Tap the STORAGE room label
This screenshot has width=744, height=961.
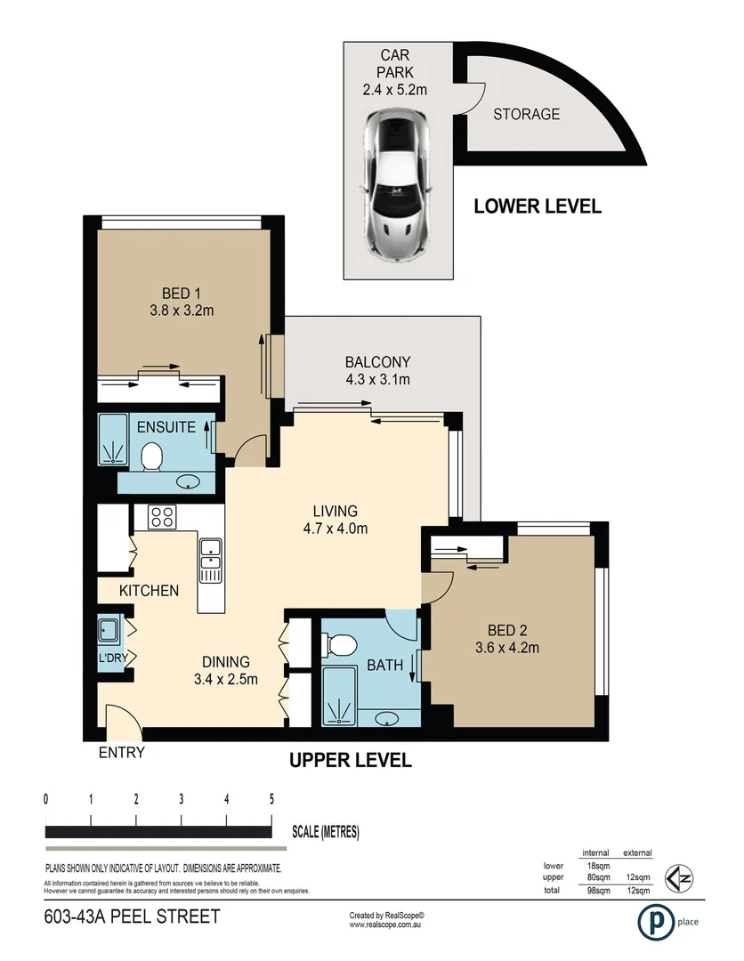tap(527, 114)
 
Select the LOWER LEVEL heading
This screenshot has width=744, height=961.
tap(538, 206)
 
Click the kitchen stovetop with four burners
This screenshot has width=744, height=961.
tap(162, 515)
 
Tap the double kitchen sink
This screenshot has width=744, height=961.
tap(210, 561)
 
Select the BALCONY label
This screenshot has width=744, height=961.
tap(377, 362)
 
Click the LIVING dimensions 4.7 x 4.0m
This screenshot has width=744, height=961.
tap(335, 529)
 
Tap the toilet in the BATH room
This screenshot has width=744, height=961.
tap(336, 642)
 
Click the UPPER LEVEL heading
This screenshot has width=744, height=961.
tap(350, 761)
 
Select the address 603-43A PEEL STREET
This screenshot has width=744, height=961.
tap(132, 917)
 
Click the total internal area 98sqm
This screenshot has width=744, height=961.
tap(595, 890)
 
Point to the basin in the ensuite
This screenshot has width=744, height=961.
tap(188, 482)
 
